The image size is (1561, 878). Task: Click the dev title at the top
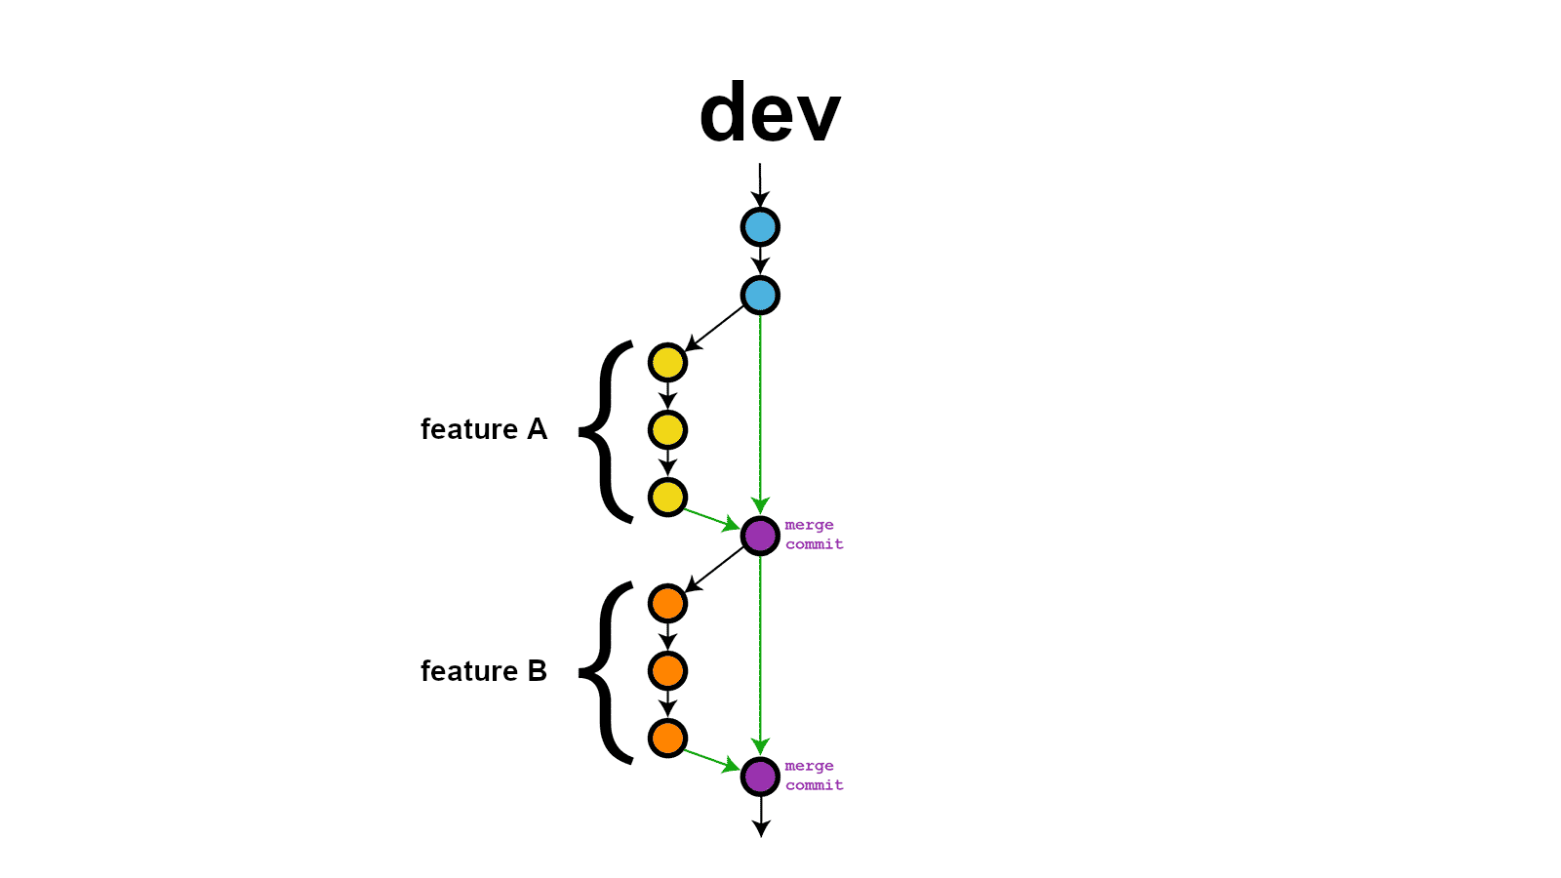point(770,113)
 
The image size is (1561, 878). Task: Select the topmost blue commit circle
point(760,227)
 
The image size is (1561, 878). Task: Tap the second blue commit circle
point(760,295)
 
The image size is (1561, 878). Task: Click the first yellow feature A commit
point(667,363)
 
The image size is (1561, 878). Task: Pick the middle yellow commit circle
point(667,430)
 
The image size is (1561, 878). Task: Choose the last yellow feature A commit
point(667,498)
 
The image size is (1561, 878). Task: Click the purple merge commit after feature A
point(760,536)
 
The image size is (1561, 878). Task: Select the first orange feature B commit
point(667,604)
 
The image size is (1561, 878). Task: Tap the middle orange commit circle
point(667,671)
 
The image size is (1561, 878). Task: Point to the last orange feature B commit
point(667,738)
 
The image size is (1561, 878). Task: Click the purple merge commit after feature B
point(760,777)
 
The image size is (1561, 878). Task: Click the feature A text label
point(483,429)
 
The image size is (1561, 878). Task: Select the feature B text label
point(483,671)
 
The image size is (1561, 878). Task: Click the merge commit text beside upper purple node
point(814,535)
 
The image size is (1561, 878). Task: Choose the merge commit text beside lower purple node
point(814,776)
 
